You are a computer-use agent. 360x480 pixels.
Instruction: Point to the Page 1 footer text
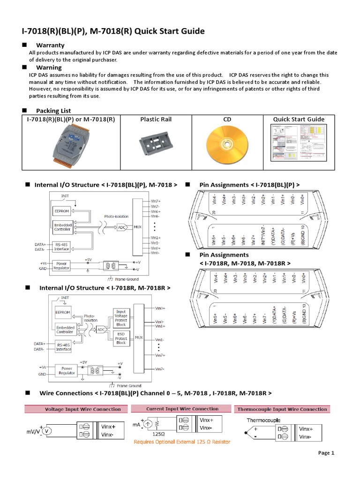[326, 453]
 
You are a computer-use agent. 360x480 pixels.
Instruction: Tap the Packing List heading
[53, 111]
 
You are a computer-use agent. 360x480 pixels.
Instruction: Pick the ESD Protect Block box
[121, 339]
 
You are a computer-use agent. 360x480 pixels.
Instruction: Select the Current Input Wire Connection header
[182, 409]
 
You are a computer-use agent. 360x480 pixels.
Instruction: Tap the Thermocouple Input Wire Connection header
[281, 409]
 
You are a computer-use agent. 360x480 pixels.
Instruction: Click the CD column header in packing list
[227, 119]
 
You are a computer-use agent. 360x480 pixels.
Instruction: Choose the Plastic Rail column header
[156, 119]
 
